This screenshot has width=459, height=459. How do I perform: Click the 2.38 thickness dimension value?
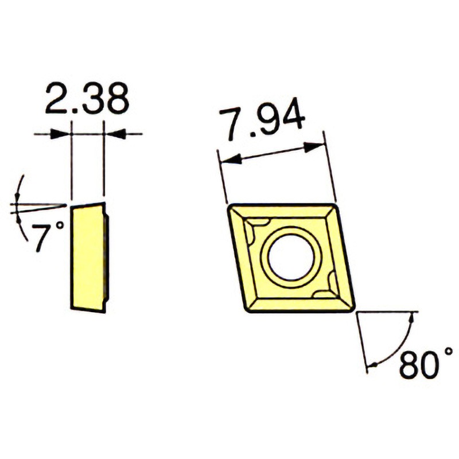(88, 98)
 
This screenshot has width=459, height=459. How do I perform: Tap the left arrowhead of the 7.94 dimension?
(231, 160)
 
